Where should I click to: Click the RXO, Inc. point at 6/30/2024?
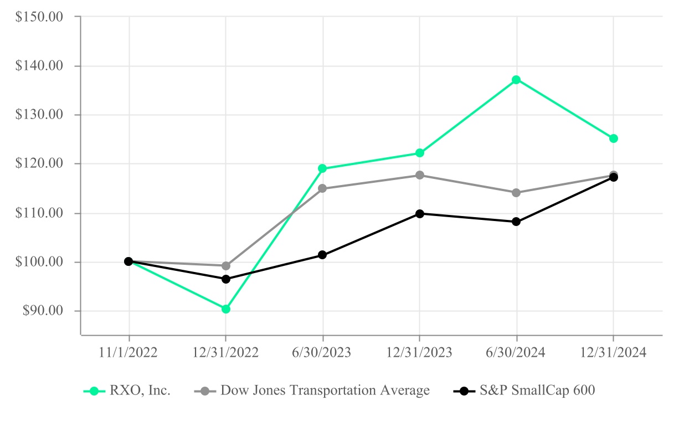pyautogui.click(x=517, y=80)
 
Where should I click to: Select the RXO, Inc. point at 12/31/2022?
pyautogui.click(x=226, y=309)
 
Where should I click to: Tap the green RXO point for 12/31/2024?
pyautogui.click(x=614, y=138)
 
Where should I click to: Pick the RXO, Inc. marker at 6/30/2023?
pyautogui.click(x=322, y=168)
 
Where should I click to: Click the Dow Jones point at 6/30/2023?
pyautogui.click(x=322, y=188)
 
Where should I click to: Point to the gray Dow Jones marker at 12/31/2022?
pyautogui.click(x=226, y=266)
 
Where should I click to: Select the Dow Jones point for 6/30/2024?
pyautogui.click(x=517, y=193)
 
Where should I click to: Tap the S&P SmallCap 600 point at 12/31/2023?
pyautogui.click(x=420, y=213)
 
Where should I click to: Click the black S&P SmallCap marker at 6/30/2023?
pyautogui.click(x=322, y=255)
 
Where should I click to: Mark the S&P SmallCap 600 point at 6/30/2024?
pyautogui.click(x=517, y=222)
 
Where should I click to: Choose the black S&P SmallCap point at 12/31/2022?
pyautogui.click(x=226, y=279)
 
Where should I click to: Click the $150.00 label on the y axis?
pyautogui.click(x=40, y=17)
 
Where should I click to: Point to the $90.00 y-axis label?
pyautogui.click(x=43, y=311)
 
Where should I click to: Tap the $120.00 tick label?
pyautogui.click(x=40, y=164)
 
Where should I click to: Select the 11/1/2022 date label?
pyautogui.click(x=129, y=353)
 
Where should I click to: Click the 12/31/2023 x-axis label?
pyautogui.click(x=420, y=353)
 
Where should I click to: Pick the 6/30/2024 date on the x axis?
pyautogui.click(x=517, y=353)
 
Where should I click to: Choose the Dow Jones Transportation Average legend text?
pyautogui.click(x=325, y=391)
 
